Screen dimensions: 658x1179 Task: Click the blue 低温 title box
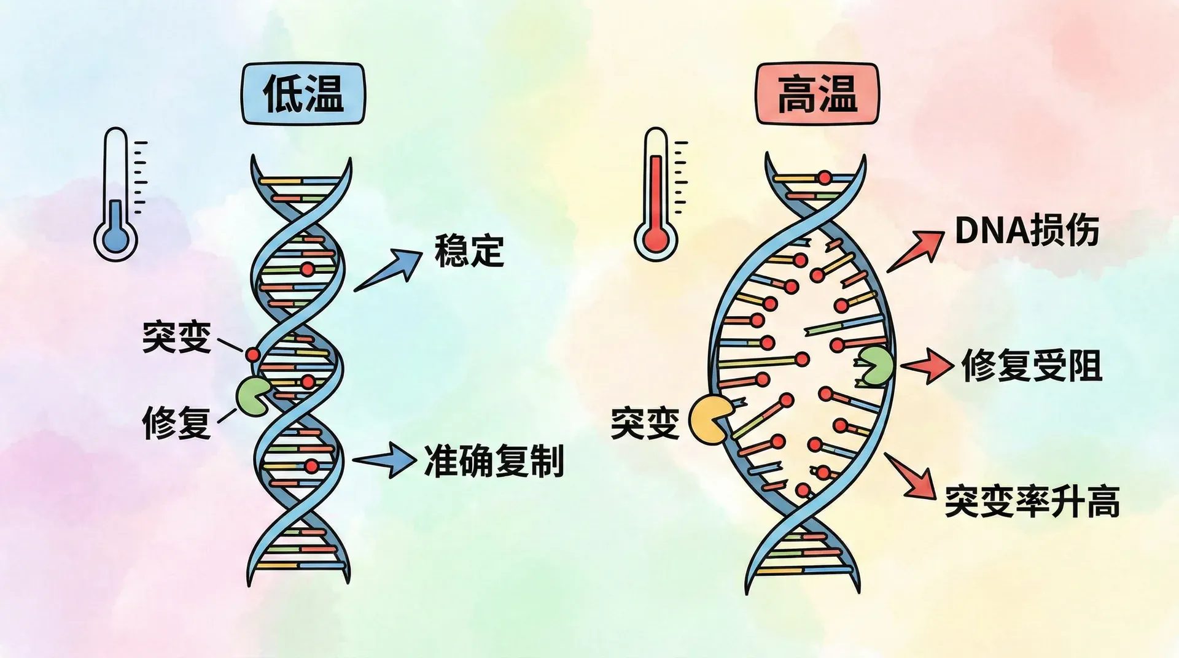coord(303,94)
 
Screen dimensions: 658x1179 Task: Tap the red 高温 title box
coord(817,94)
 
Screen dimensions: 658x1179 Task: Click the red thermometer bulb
coord(656,238)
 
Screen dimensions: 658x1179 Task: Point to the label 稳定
coord(469,250)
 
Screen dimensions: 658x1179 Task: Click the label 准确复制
coord(494,461)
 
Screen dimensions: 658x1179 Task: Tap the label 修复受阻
coord(1032,366)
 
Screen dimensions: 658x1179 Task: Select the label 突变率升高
coord(1032,501)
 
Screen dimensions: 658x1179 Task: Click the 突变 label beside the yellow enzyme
coord(645,423)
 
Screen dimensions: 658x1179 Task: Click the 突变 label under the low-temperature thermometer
coord(177,337)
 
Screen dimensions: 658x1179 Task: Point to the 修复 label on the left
coord(177,422)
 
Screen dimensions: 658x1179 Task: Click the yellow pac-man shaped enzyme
coord(708,420)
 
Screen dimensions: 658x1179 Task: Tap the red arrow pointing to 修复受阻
coord(927,366)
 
